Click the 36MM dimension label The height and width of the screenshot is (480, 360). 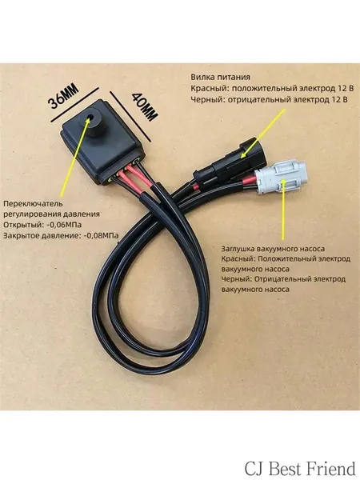pos(64,97)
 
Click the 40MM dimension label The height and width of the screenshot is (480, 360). pos(145,107)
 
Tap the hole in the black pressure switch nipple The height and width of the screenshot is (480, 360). pos(91,118)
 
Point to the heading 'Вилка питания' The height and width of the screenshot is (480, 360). pos(221,77)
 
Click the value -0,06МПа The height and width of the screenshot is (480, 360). pos(64,225)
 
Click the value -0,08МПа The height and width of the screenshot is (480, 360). pos(101,235)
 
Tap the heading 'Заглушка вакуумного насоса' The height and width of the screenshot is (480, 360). pos(273,249)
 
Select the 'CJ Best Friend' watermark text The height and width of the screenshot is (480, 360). pos(300,469)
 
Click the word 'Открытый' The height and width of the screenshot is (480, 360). pos(23,225)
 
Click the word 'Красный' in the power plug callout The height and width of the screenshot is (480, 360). pos(210,89)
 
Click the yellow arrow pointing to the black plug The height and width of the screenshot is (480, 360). pos(262,133)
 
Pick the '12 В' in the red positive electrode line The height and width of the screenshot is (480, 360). pos(346,89)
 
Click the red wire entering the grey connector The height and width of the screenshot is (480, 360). pos(249,182)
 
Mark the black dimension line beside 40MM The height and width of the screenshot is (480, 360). pos(130,116)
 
